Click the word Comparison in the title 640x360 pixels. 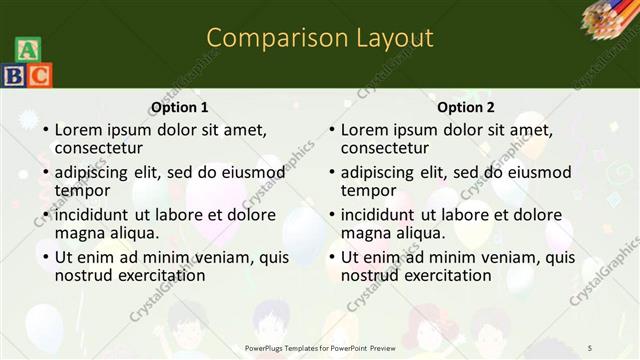coord(267,38)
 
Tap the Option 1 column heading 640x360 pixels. coord(180,108)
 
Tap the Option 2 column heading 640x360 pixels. coord(466,108)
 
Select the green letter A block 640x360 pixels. coord(27,51)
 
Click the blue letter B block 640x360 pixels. coord(14,75)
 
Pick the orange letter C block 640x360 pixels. coord(39,75)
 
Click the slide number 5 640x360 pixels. coord(590,347)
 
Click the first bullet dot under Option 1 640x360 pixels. coord(45,131)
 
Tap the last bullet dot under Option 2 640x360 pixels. coord(331,257)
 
